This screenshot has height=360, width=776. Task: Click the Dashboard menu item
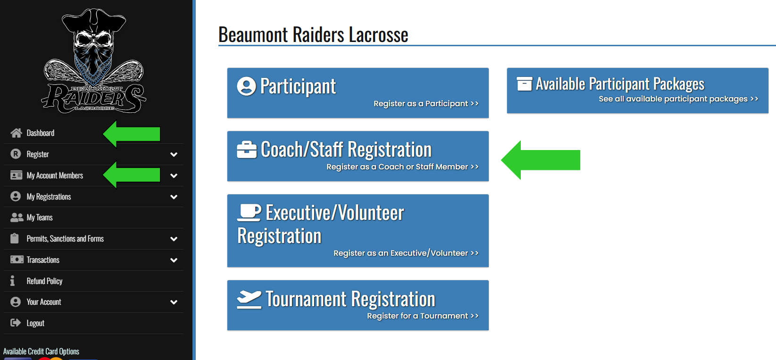[x=41, y=133]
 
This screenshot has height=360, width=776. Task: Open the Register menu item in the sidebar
[x=38, y=154]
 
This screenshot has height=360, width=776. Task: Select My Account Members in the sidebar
[x=55, y=176]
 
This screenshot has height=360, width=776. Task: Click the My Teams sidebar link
[x=40, y=218]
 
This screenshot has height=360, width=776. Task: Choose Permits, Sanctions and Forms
[x=65, y=239]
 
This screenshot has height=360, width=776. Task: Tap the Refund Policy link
[x=44, y=281]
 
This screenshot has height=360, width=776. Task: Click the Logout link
[x=35, y=323]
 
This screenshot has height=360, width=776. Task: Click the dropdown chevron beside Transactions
[x=174, y=260]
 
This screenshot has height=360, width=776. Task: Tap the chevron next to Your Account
[x=174, y=302]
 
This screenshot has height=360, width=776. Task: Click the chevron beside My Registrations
[x=174, y=197]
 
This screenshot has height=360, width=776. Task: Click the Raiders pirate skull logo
[x=94, y=61]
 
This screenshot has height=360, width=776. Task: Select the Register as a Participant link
[x=426, y=103]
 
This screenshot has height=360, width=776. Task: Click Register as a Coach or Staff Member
[x=402, y=167]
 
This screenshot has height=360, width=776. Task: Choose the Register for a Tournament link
[x=423, y=316]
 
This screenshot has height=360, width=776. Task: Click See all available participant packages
[x=678, y=99]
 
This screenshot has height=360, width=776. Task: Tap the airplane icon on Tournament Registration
[x=249, y=299]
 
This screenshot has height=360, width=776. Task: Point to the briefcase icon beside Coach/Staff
[x=247, y=150]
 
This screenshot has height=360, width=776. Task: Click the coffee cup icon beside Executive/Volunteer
[x=249, y=212]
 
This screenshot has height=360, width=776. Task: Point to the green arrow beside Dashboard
[x=132, y=134]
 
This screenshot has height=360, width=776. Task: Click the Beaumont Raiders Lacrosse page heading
[x=313, y=35]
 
